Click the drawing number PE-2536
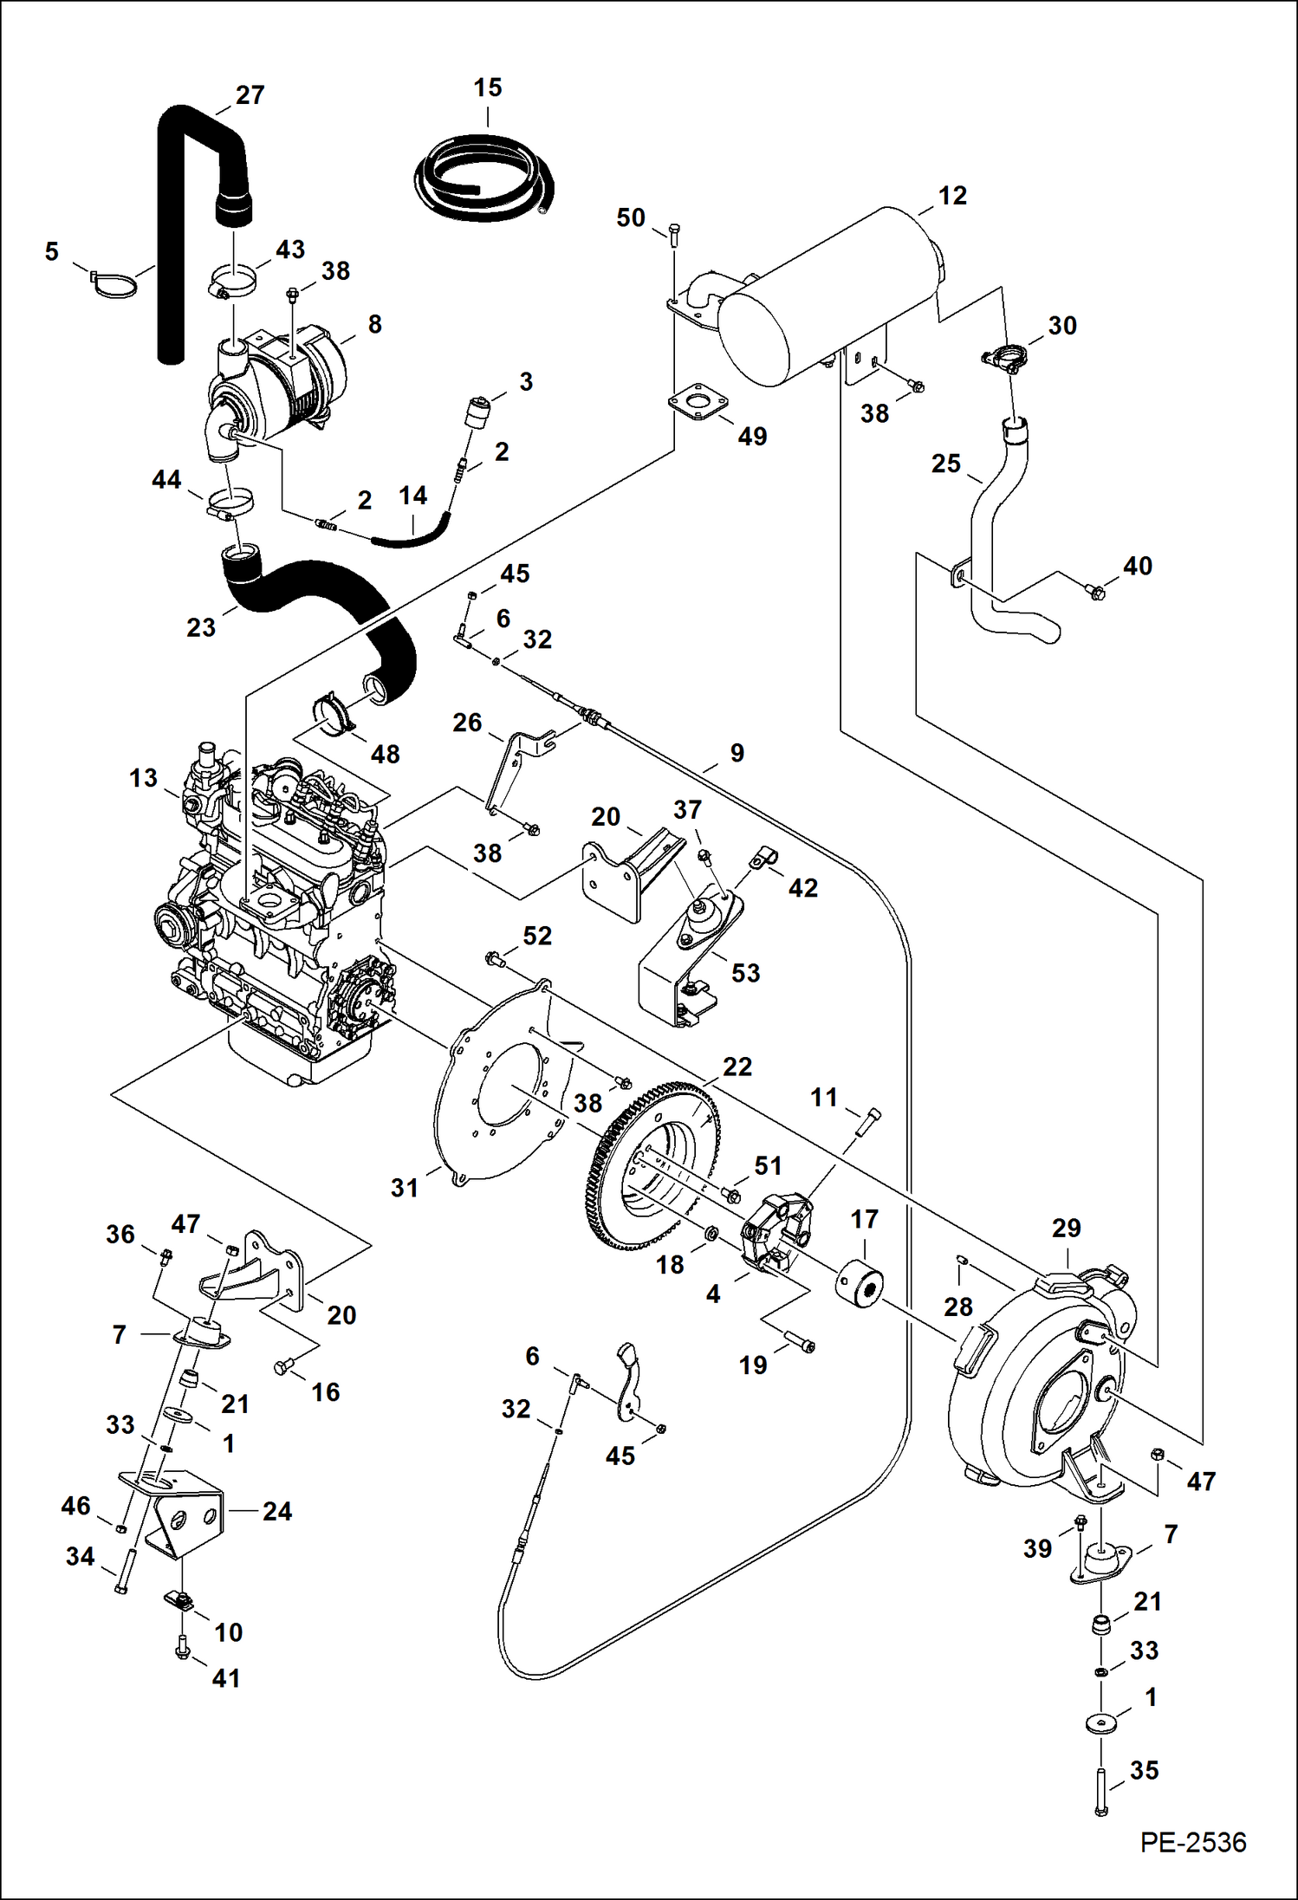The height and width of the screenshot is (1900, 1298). click(1192, 1842)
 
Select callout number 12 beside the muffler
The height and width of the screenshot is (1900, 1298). click(951, 196)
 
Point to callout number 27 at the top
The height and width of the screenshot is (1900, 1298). click(250, 95)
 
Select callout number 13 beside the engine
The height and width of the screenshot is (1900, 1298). click(143, 778)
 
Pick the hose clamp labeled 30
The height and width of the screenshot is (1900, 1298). click(1005, 357)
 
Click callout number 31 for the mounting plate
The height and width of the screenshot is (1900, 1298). click(404, 1187)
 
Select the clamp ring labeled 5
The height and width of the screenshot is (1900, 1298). click(114, 284)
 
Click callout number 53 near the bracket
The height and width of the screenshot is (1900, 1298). click(745, 973)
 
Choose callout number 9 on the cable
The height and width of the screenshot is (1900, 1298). click(737, 753)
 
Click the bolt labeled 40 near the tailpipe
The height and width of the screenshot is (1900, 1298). click(1096, 593)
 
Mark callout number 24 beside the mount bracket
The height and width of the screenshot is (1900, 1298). click(276, 1511)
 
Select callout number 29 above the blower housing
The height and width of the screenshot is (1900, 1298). click(1066, 1228)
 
